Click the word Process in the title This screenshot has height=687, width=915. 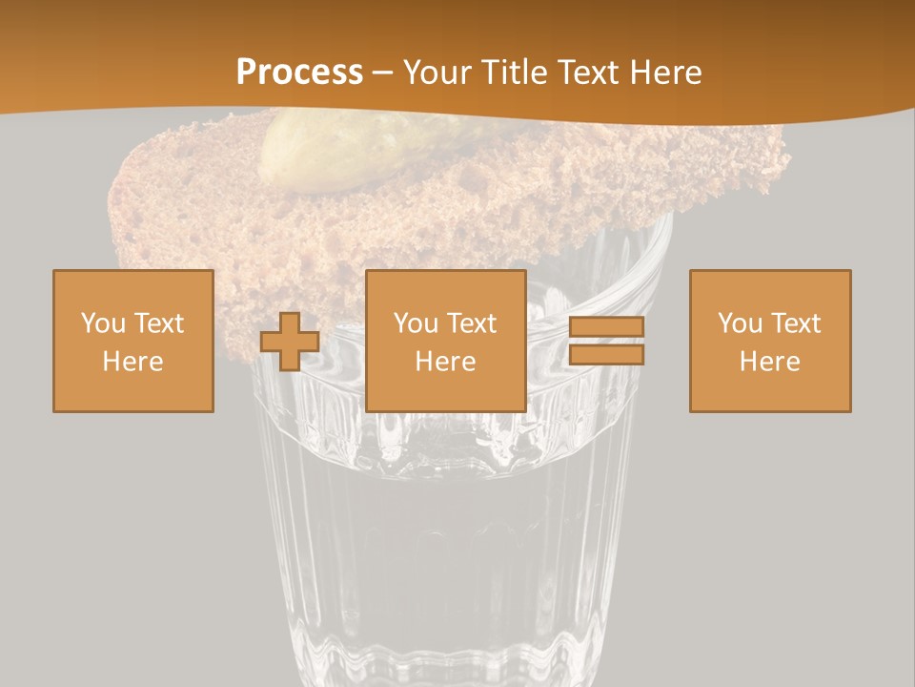(299, 73)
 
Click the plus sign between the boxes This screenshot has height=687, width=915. (290, 342)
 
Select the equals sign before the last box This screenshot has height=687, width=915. (606, 341)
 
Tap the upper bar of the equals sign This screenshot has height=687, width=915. (606, 327)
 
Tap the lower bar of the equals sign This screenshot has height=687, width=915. (606, 354)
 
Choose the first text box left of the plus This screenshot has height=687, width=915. (133, 341)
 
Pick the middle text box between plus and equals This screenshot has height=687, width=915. (446, 341)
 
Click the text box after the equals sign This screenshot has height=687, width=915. (770, 341)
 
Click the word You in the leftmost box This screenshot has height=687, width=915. (103, 323)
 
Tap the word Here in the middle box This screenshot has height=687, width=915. (446, 362)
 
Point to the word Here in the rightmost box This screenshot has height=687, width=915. (770, 362)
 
